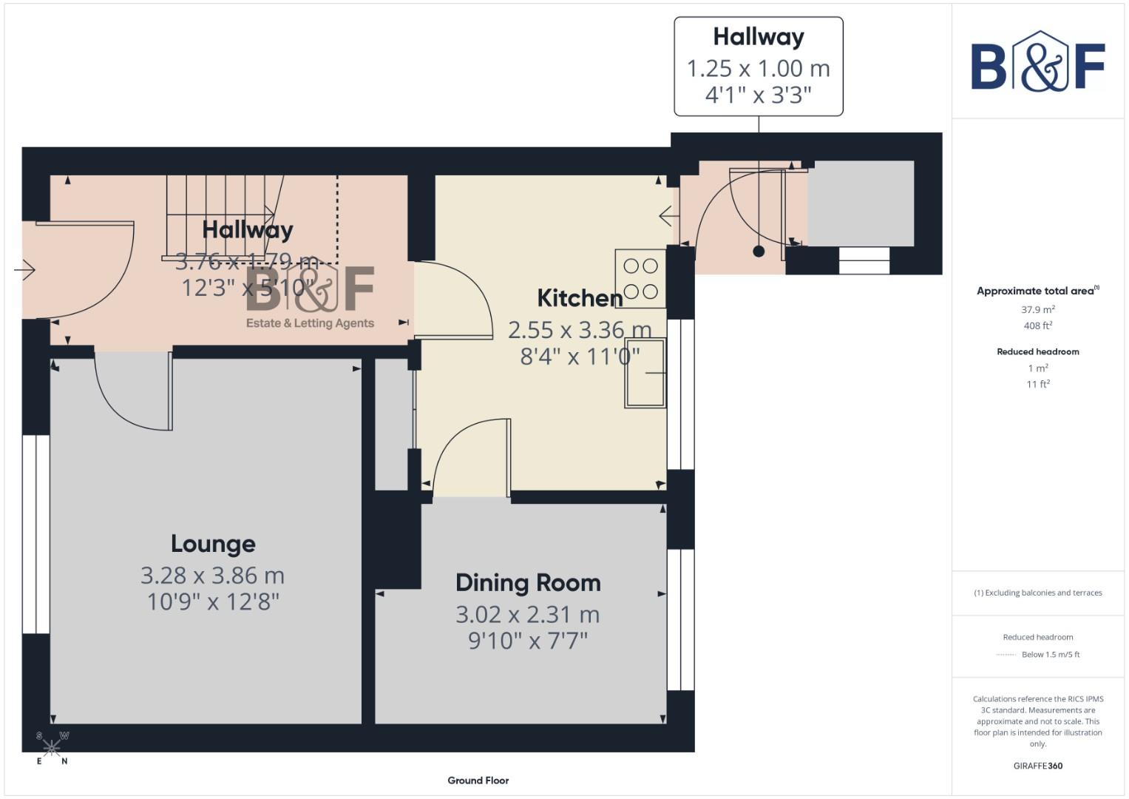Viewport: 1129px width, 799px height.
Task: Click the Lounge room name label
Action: [x=213, y=544]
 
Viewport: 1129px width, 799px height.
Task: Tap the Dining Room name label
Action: [x=528, y=583]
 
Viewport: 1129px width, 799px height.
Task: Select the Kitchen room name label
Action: [x=580, y=298]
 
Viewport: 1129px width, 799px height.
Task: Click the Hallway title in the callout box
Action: [x=759, y=37]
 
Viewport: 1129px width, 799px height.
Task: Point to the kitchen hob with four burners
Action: [x=640, y=279]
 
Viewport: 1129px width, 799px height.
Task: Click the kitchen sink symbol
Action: [x=645, y=373]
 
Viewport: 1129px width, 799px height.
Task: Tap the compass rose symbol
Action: [x=52, y=748]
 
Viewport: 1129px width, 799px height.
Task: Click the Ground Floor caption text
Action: [x=478, y=781]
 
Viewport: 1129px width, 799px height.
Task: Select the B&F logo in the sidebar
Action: [x=1037, y=63]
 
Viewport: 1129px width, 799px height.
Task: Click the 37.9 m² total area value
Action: [x=1037, y=310]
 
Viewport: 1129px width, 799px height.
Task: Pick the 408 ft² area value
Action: [x=1037, y=326]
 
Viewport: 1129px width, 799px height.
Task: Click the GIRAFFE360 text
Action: [x=1037, y=766]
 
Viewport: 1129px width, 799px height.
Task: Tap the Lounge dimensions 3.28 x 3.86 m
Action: [x=213, y=576]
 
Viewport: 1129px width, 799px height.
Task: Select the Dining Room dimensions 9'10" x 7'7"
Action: [x=528, y=640]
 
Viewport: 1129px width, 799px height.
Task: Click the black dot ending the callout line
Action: [x=759, y=252]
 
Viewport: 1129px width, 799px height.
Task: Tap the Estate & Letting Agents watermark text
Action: [x=310, y=323]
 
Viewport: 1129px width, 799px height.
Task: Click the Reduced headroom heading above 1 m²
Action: [x=1037, y=352]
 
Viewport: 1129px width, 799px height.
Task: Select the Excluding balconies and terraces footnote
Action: [x=1037, y=593]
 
